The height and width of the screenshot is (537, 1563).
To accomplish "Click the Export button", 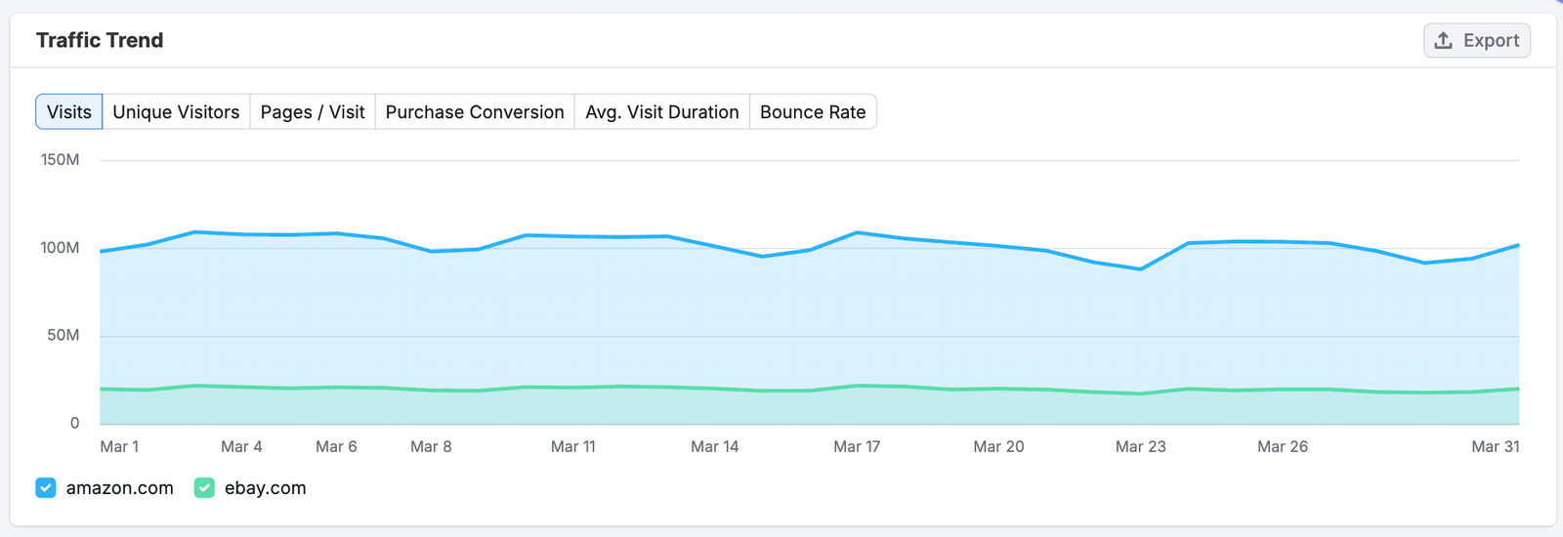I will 1476,41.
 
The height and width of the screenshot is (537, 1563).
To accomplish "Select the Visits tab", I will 69,112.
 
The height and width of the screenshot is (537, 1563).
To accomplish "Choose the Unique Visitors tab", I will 176,112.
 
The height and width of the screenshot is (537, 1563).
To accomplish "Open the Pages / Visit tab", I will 313,112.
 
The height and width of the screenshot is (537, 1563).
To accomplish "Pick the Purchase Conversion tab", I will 475,112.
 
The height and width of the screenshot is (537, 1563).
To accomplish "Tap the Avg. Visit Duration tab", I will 661,112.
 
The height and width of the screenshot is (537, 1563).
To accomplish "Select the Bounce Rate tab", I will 813,112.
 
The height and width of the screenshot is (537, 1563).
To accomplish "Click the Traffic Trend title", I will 100,40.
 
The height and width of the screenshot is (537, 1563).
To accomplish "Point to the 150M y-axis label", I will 61,160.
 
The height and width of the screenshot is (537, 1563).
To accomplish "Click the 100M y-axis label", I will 61,248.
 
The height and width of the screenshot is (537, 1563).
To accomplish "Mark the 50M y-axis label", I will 63,336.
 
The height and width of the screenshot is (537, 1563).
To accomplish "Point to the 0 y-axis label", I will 74,424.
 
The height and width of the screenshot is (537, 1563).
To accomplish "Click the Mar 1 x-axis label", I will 119,447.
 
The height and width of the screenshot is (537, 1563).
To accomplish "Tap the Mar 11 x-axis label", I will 572,447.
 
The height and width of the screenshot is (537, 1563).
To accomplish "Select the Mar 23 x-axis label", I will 1140,447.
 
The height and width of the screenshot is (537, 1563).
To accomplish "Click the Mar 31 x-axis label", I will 1495,447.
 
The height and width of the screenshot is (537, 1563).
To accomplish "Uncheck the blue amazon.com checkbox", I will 46,488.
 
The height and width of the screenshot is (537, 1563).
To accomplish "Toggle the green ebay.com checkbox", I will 204,488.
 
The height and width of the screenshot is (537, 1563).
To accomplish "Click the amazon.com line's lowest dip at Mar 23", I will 1141,268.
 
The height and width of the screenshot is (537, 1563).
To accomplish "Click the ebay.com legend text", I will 265,488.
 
